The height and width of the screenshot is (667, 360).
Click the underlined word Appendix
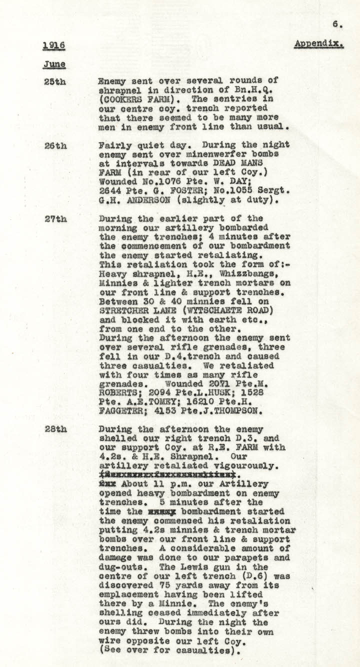pyautogui.click(x=318, y=43)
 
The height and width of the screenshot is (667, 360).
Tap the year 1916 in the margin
pyautogui.click(x=53, y=46)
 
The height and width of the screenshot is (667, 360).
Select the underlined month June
pyautogui.click(x=54, y=64)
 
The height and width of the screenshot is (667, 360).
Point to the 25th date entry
pyautogui.click(x=55, y=81)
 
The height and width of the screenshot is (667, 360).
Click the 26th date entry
pyautogui.click(x=55, y=145)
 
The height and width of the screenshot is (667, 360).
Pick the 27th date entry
pyautogui.click(x=55, y=218)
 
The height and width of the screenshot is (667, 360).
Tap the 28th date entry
pyautogui.click(x=55, y=429)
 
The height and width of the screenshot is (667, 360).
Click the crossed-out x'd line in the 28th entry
pyautogui.click(x=167, y=475)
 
